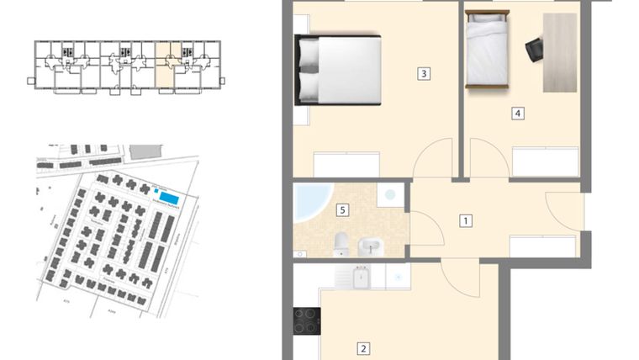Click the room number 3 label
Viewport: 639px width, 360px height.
click(424, 74)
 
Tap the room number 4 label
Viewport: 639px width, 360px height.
click(519, 114)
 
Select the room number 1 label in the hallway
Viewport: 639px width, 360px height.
click(465, 221)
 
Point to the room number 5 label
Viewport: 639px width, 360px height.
click(341, 210)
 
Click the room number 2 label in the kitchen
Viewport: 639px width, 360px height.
click(363, 348)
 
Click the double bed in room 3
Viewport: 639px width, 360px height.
click(338, 69)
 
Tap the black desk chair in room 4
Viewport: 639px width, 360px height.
click(535, 50)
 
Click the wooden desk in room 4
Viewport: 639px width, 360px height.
click(560, 52)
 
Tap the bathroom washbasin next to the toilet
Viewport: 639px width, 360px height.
click(369, 246)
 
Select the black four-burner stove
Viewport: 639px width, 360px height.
click(306, 320)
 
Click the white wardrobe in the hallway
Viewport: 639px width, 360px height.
click(542, 246)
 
